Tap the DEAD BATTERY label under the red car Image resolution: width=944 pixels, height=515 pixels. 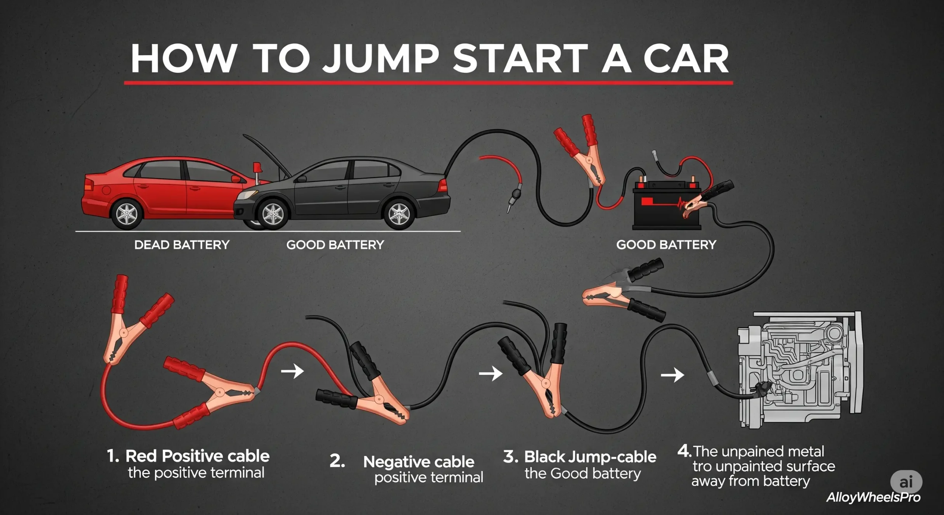[x=182, y=245]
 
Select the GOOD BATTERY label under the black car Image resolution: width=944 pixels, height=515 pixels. [x=335, y=245]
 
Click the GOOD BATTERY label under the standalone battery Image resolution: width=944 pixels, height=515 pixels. [x=666, y=245]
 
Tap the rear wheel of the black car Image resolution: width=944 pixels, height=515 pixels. [x=399, y=214]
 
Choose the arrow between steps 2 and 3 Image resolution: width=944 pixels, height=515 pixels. [x=490, y=374]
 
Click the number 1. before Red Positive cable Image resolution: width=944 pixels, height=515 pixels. [x=113, y=456]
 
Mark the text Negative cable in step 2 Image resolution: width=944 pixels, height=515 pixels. [x=419, y=462]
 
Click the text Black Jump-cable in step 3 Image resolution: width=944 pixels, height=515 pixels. [x=590, y=457]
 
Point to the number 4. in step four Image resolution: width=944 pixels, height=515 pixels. [x=684, y=451]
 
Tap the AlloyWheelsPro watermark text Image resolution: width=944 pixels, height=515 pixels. [x=873, y=497]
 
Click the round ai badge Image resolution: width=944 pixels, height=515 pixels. [x=906, y=482]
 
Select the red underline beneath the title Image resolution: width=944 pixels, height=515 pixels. [x=428, y=83]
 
